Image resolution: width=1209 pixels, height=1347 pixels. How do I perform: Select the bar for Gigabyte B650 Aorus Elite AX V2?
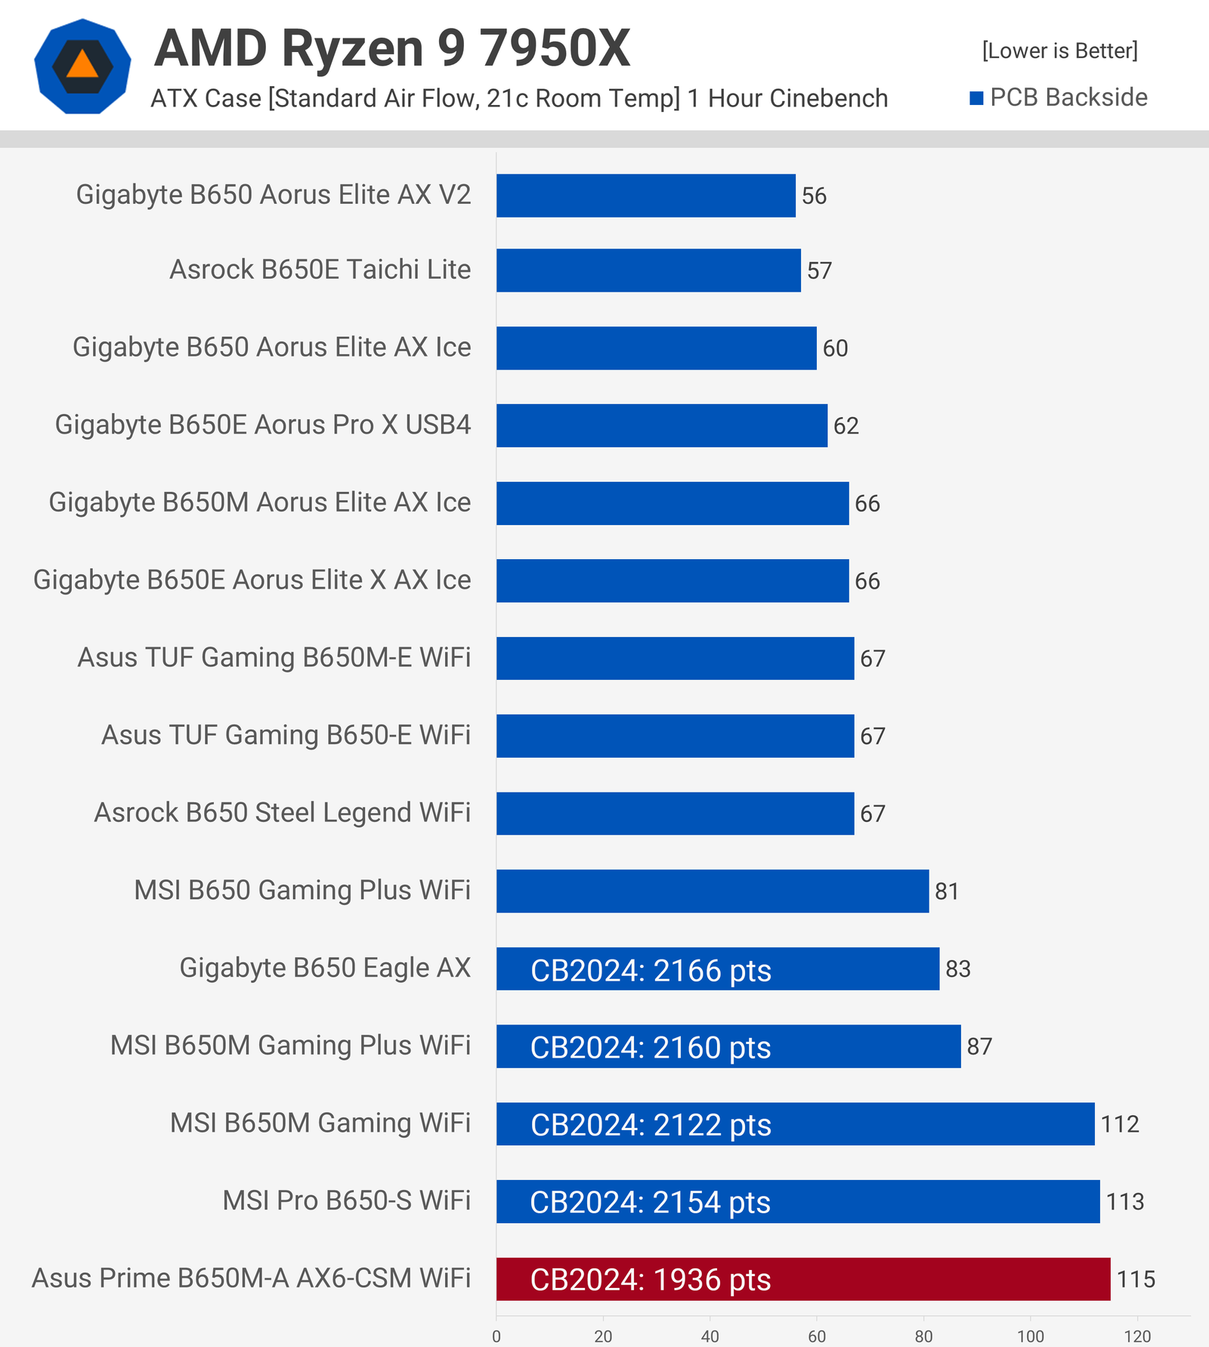(645, 196)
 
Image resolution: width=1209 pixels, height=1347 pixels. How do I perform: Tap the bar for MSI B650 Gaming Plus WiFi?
(712, 891)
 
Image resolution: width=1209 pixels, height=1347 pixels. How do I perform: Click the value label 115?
(1136, 1279)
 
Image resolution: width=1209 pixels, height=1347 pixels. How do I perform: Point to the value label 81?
(947, 891)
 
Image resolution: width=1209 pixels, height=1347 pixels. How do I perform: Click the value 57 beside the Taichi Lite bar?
(819, 270)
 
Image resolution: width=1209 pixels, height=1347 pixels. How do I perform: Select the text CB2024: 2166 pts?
(651, 970)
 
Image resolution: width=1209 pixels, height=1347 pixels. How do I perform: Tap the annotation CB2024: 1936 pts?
(651, 1280)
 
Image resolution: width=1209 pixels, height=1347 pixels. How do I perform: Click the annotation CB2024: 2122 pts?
(651, 1125)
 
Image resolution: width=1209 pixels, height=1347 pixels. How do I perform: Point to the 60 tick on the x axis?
(817, 1336)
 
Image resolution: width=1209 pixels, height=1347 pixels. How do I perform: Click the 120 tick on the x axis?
(1137, 1336)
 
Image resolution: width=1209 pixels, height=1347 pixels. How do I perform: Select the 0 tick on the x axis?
(496, 1336)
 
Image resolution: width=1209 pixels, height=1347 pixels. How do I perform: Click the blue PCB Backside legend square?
(976, 98)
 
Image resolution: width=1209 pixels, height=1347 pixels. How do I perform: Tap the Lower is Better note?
(1059, 51)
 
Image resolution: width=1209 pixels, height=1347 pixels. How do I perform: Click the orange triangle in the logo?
(82, 66)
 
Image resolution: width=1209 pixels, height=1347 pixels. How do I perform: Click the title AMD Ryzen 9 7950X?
(392, 48)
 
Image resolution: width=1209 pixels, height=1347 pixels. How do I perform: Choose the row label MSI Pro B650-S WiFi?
(346, 1200)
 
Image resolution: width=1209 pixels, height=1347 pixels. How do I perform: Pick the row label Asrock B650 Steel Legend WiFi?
(282, 813)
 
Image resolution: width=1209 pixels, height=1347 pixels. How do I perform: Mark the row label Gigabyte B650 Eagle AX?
(325, 968)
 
